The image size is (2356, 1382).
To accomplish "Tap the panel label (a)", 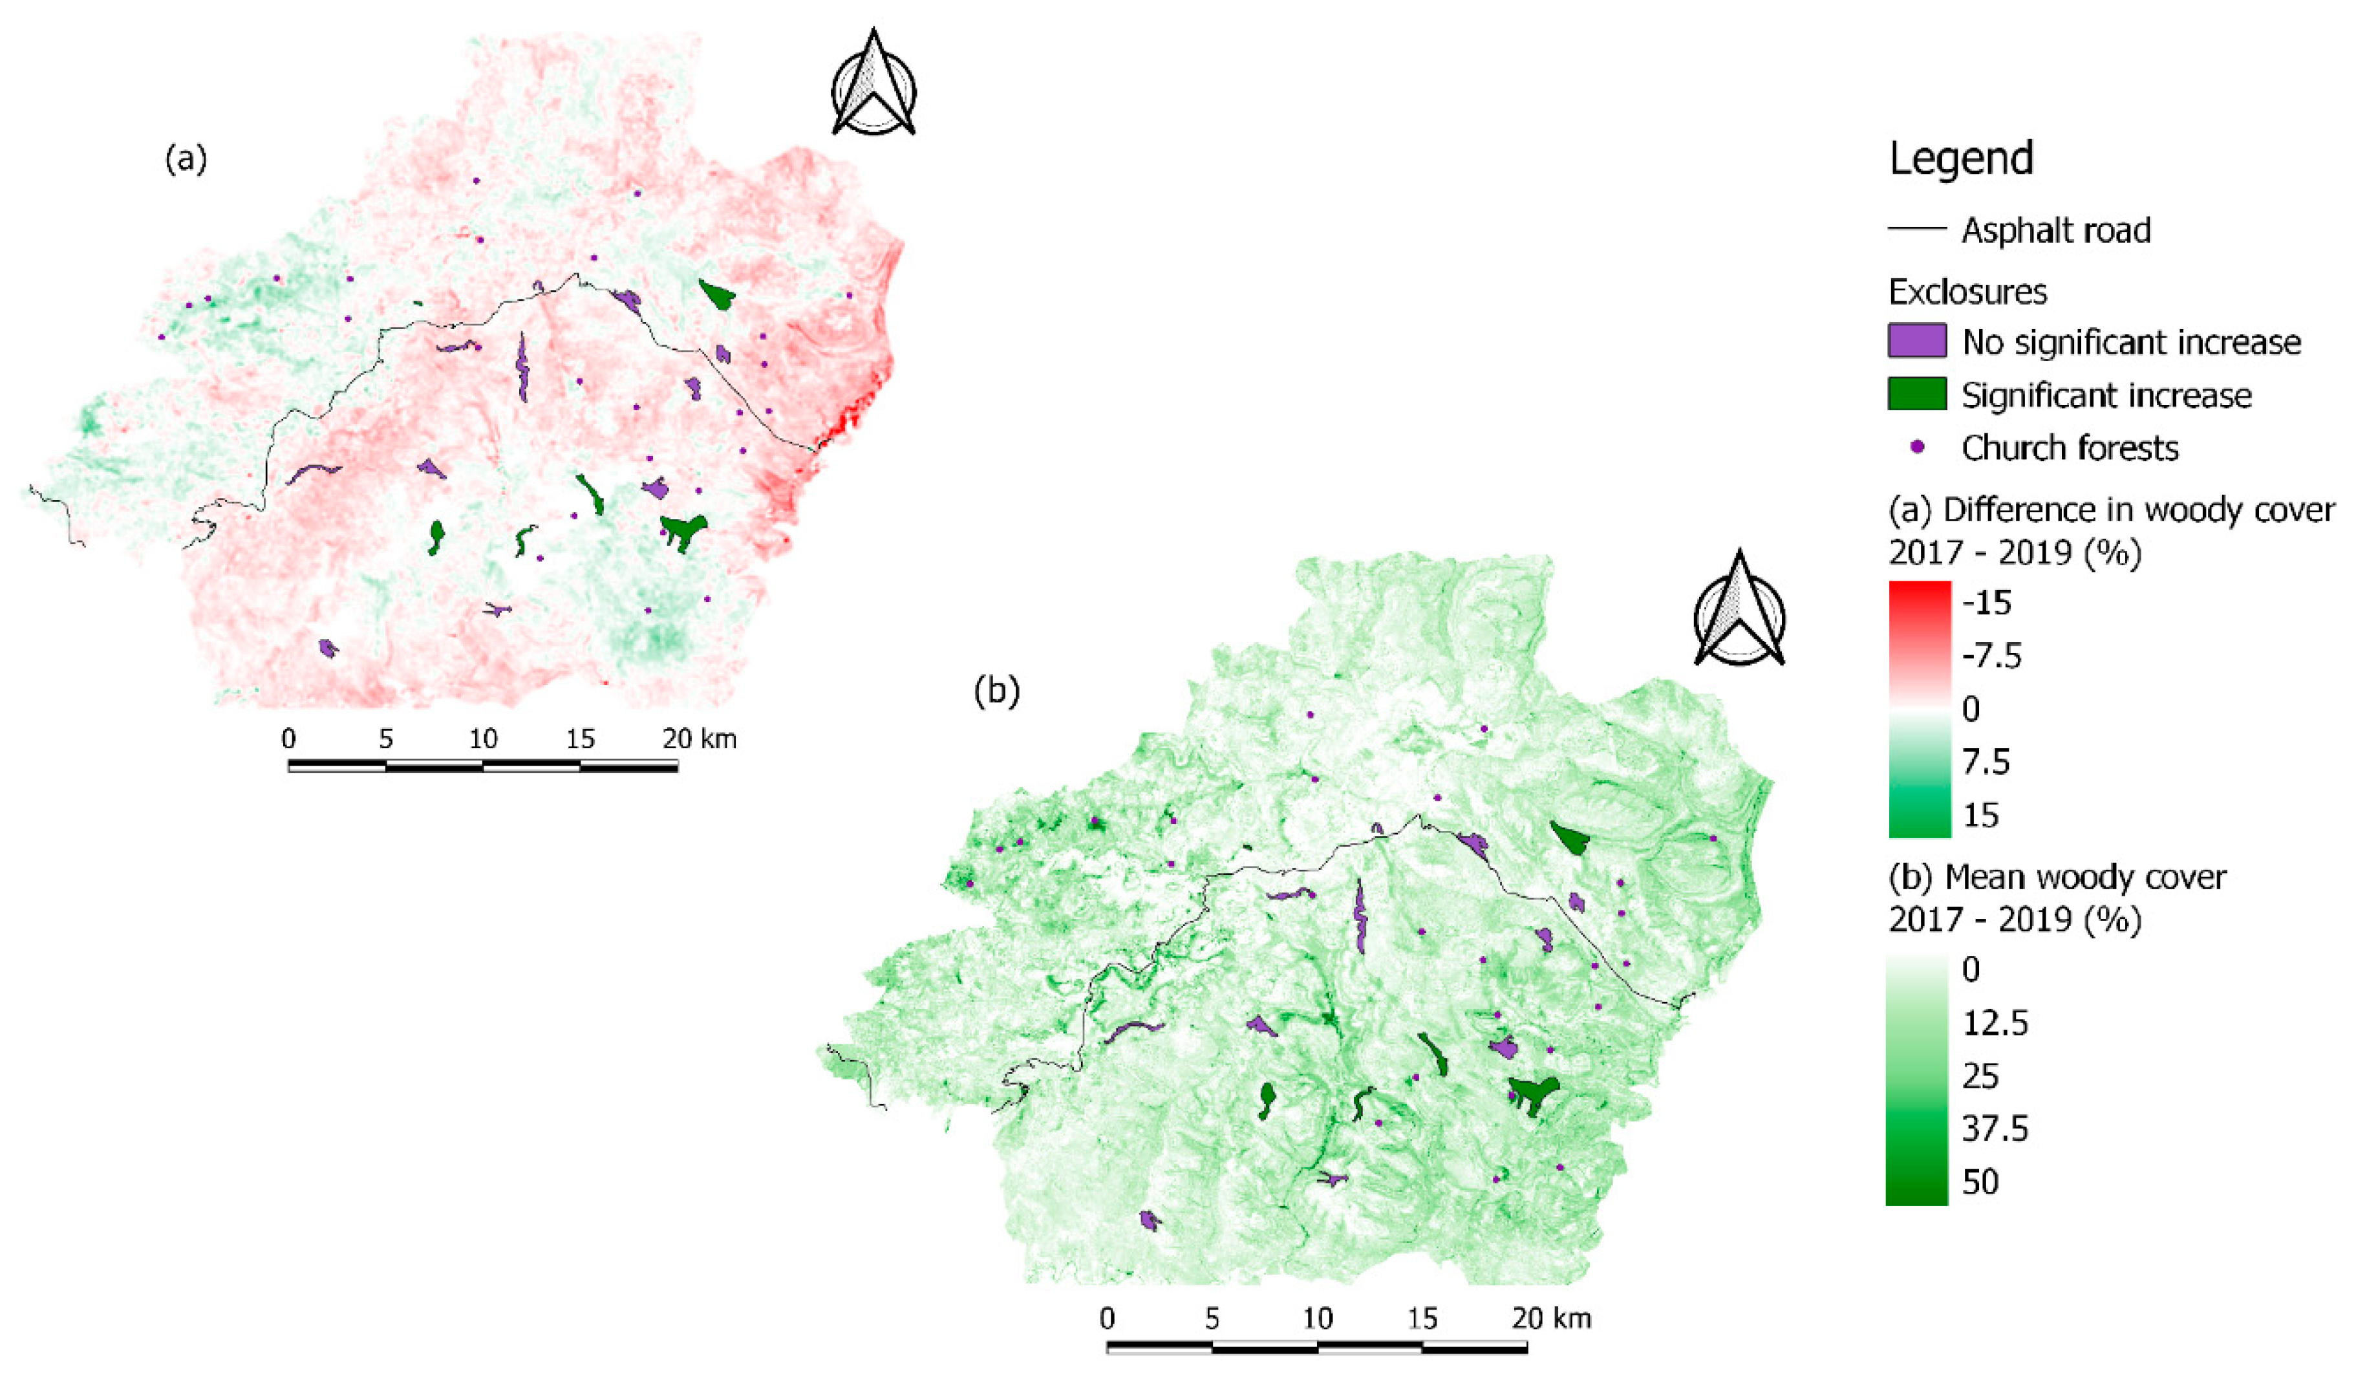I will click(185, 159).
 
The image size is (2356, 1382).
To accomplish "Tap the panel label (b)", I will click(996, 690).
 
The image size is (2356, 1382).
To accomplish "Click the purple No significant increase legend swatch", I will click(1916, 340).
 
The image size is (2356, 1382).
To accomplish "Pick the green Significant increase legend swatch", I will click(1916, 394).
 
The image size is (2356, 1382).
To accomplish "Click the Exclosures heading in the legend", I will click(1967, 292).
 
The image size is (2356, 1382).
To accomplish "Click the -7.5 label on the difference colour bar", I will click(1991, 656).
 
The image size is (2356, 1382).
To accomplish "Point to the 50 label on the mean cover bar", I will click(1980, 1182).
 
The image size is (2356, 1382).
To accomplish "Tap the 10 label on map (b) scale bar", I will click(1316, 1319).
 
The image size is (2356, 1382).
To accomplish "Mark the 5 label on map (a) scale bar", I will click(385, 739).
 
